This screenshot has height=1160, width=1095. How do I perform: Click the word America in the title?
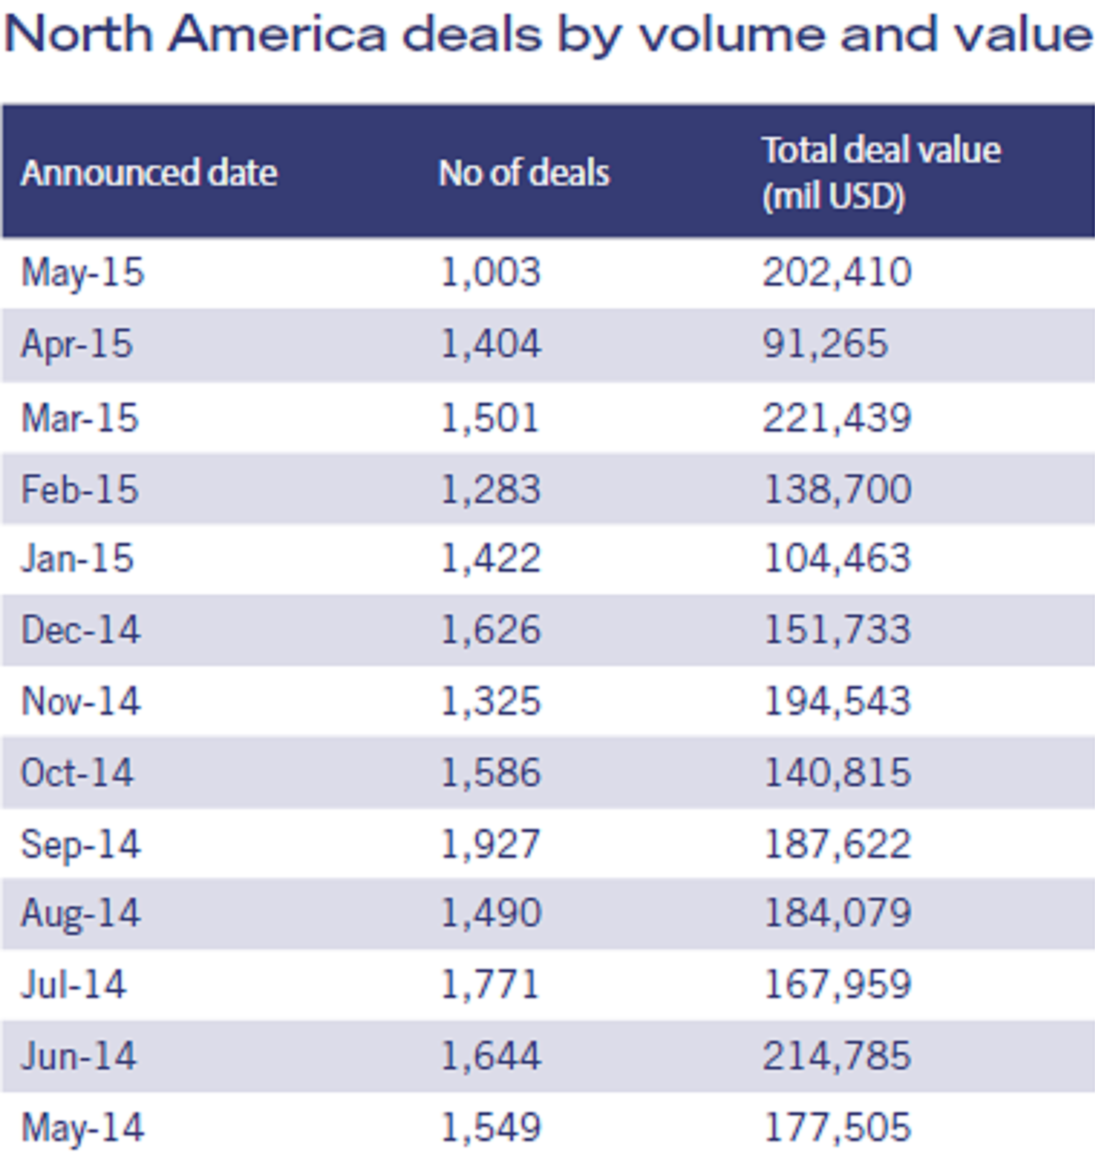pyautogui.click(x=277, y=34)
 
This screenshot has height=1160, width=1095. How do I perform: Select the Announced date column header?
pyautogui.click(x=149, y=173)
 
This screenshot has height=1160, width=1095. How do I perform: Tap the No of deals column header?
pyautogui.click(x=523, y=173)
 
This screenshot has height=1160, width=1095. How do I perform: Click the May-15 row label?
pyautogui.click(x=82, y=272)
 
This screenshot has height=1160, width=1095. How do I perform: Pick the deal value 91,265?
pyautogui.click(x=825, y=344)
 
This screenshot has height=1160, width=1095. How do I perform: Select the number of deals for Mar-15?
pyautogui.click(x=489, y=418)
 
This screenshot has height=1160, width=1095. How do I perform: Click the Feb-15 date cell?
pyautogui.click(x=79, y=489)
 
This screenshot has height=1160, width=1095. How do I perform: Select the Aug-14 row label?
pyautogui.click(x=81, y=913)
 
